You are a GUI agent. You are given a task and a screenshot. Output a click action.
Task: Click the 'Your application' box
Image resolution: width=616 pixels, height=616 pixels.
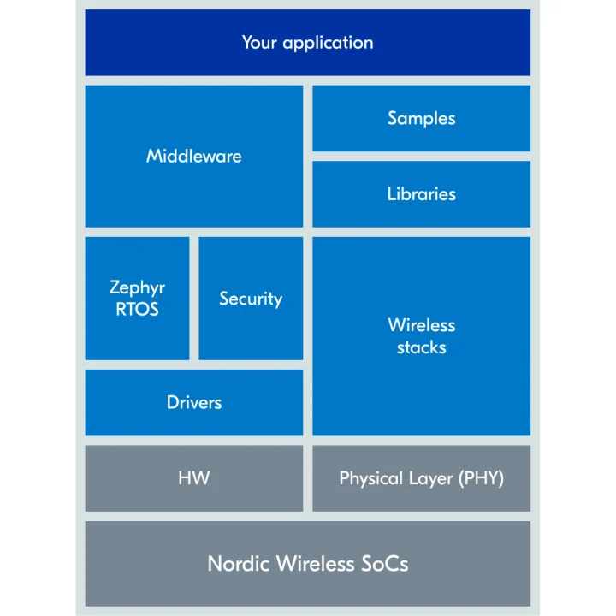pyautogui.click(x=307, y=42)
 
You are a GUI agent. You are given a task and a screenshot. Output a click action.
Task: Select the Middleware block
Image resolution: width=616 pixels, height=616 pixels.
pyautogui.click(x=194, y=156)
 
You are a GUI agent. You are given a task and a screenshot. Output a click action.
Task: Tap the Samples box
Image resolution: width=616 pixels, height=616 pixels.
pyautogui.click(x=421, y=118)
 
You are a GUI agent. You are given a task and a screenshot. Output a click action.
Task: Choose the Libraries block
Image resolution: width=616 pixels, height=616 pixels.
pyautogui.click(x=421, y=193)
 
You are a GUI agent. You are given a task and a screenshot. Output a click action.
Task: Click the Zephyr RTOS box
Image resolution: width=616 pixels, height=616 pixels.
pyautogui.click(x=137, y=298)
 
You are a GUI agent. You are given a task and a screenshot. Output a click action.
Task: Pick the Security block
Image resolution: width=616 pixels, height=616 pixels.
pyautogui.click(x=251, y=298)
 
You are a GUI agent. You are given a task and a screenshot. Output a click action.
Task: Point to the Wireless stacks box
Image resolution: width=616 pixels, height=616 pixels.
pyautogui.click(x=421, y=335)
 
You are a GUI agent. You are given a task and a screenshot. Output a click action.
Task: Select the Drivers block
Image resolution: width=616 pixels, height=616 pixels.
pyautogui.click(x=194, y=402)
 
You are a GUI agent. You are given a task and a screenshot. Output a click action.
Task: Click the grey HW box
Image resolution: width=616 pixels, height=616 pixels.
pyautogui.click(x=194, y=478)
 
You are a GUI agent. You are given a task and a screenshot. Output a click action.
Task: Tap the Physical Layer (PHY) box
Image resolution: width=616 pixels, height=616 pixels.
pyautogui.click(x=421, y=478)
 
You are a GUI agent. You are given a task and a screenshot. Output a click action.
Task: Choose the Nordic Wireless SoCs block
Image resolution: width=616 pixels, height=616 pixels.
pyautogui.click(x=307, y=564)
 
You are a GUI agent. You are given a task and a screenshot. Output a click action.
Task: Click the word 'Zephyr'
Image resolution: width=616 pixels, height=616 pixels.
pyautogui.click(x=137, y=288)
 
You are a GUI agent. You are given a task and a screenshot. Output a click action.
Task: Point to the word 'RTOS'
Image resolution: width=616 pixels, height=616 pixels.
pyautogui.click(x=137, y=309)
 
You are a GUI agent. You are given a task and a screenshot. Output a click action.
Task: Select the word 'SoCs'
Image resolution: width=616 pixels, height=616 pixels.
pyautogui.click(x=385, y=564)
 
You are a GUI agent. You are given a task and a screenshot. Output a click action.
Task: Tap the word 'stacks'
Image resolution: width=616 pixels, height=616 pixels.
pyautogui.click(x=421, y=347)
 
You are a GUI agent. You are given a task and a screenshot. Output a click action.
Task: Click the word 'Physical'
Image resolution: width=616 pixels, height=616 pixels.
pyautogui.click(x=371, y=478)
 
